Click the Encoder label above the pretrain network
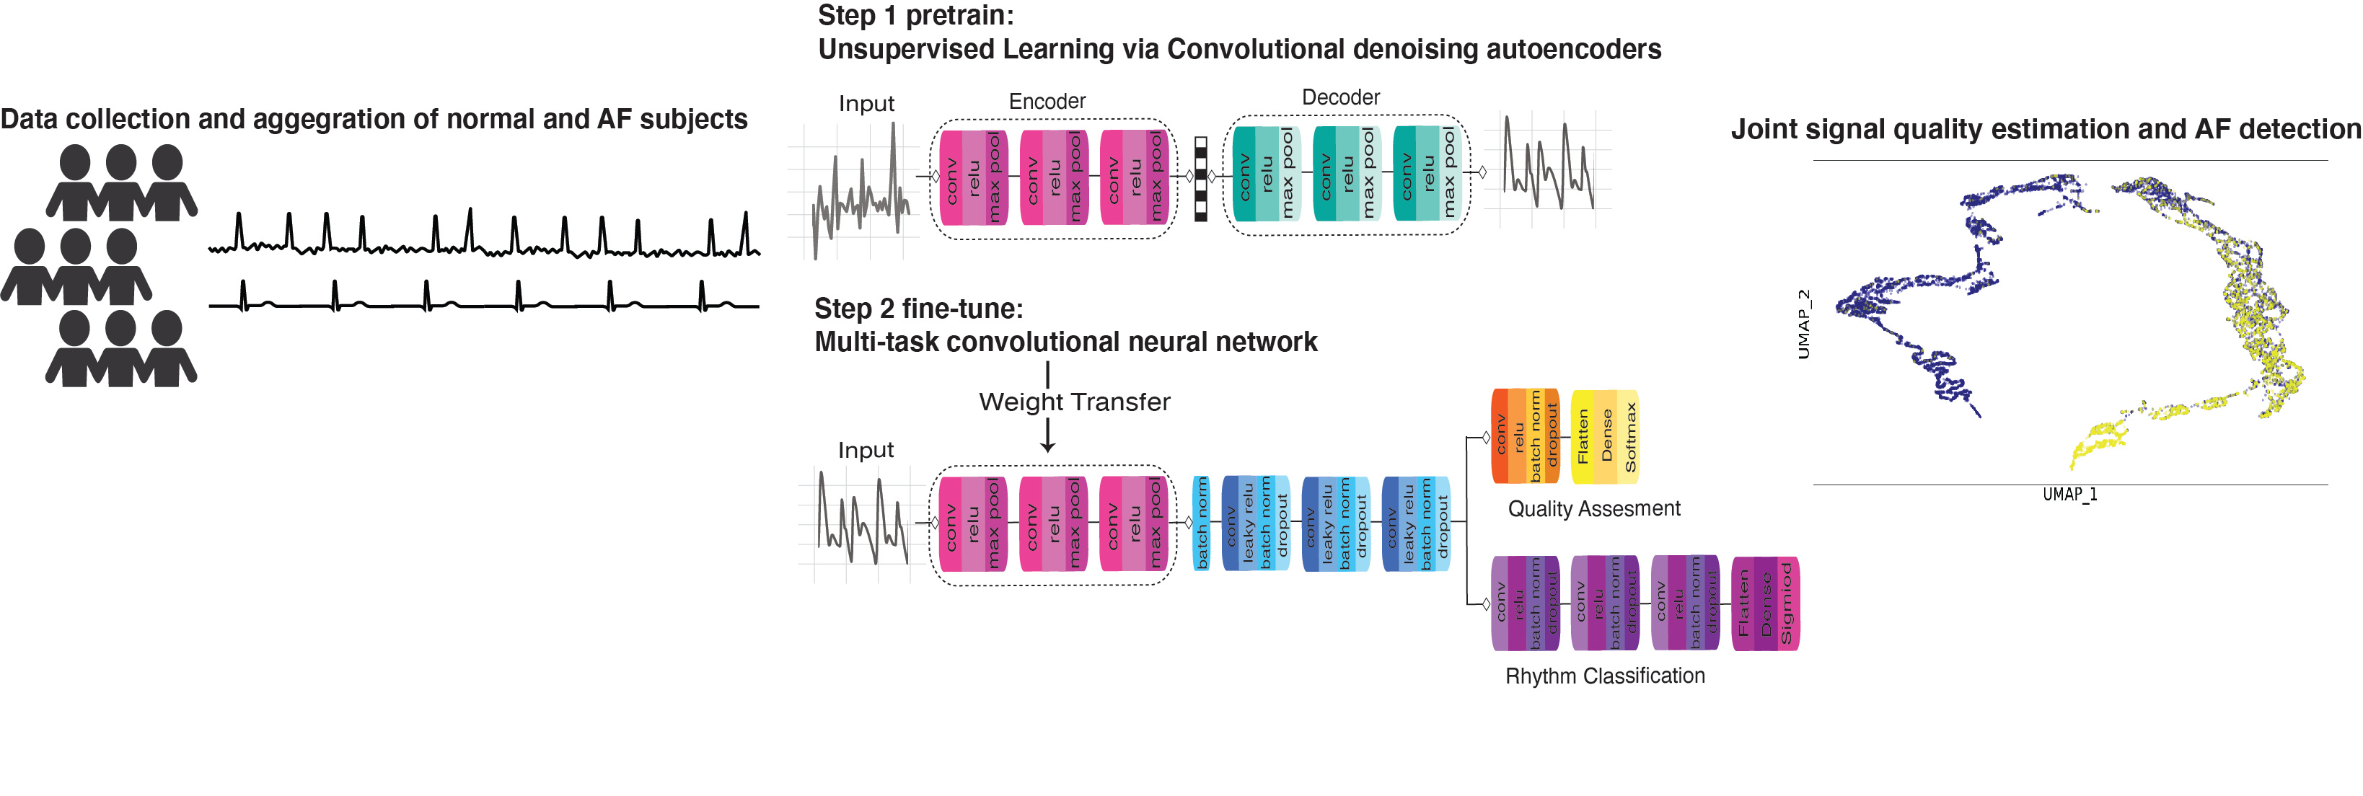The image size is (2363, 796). (1047, 101)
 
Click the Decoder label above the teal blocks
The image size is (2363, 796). (1340, 97)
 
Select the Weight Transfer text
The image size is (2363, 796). (1074, 402)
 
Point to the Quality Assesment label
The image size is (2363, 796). (1593, 509)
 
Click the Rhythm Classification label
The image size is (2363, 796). (1604, 676)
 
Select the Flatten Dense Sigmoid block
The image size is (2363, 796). (1765, 603)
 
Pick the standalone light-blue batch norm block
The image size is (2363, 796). (1201, 523)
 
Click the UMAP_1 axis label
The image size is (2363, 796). (2069, 495)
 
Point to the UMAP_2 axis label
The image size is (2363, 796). (1803, 324)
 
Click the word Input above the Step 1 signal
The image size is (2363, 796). (866, 104)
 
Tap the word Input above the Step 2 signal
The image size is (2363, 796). (865, 450)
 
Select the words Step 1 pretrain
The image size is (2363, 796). (915, 16)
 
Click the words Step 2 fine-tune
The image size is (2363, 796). (918, 309)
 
